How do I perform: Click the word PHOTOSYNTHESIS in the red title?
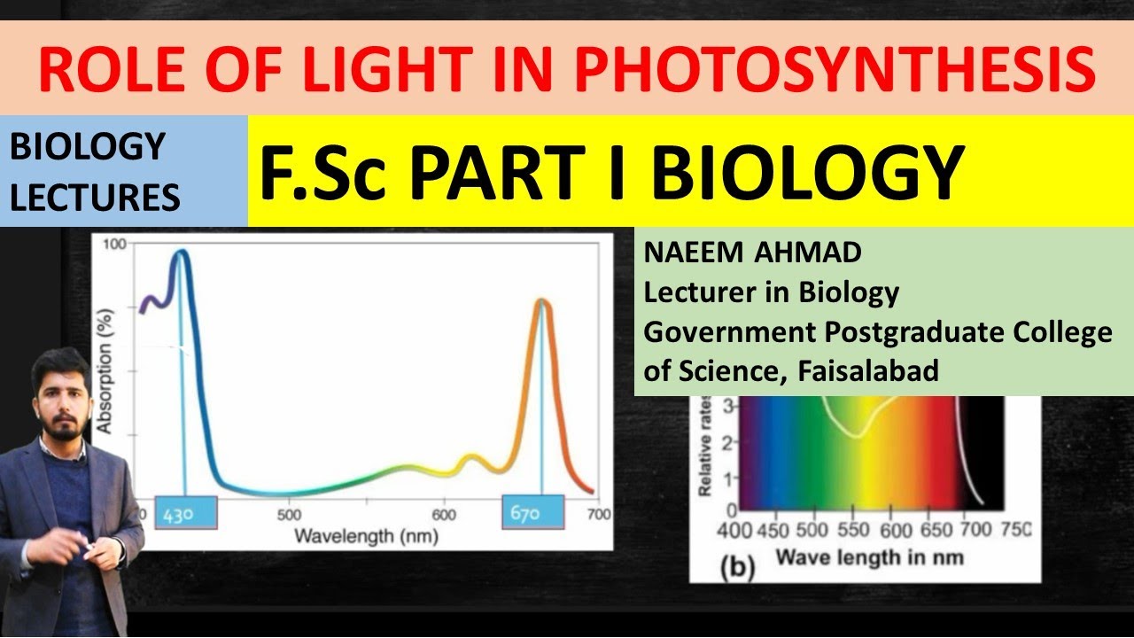(835, 69)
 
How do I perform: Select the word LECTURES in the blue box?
(95, 197)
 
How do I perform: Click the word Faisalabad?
(868, 370)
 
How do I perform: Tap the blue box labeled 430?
(186, 513)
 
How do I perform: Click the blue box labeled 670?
(533, 512)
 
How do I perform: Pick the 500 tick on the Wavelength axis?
(289, 515)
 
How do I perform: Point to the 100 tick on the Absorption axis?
(114, 244)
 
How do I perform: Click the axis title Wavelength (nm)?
(366, 536)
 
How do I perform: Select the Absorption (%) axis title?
(105, 371)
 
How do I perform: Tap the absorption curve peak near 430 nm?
(181, 252)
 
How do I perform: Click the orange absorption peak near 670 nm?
(541, 300)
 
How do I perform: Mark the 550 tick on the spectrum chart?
(853, 530)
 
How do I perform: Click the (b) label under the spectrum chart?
(737, 568)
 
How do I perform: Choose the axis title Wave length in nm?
(870, 558)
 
